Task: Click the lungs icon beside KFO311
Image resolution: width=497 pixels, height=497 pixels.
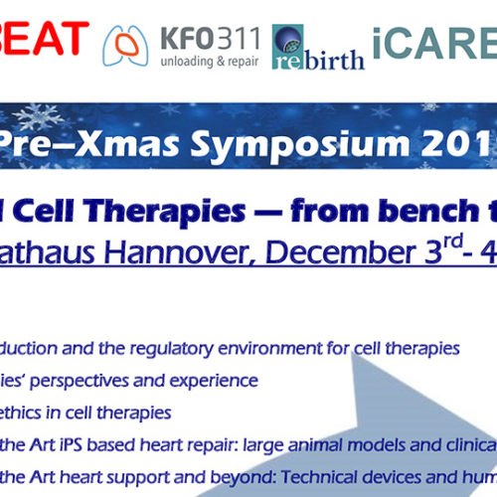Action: (125, 46)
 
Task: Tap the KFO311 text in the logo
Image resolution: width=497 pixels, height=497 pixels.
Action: (211, 39)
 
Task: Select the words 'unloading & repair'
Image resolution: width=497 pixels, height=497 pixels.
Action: (210, 62)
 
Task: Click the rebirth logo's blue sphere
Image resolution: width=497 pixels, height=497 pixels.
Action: (288, 39)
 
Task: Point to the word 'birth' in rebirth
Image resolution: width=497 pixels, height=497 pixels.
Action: (334, 60)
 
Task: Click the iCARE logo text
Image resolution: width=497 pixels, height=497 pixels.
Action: (434, 43)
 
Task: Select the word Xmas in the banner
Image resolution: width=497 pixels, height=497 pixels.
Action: (127, 144)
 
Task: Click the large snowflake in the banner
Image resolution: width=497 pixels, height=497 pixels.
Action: (38, 117)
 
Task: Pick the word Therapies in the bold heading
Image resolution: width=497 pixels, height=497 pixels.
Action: (164, 212)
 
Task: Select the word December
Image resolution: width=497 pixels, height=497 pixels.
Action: (341, 252)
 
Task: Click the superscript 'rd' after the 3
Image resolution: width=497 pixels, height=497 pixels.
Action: (453, 242)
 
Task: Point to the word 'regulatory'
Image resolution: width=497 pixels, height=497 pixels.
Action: (171, 350)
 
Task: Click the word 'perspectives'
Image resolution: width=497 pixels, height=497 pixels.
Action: (80, 382)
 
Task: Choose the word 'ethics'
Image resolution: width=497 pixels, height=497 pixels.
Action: (30, 413)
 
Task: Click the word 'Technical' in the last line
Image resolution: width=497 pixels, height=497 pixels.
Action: (319, 477)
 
